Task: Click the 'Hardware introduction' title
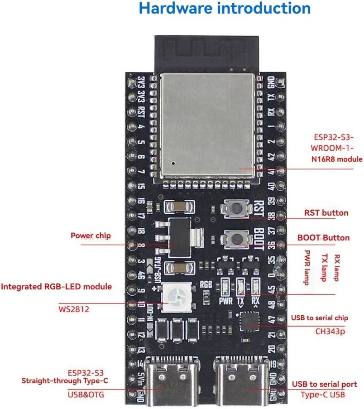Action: (x=225, y=9)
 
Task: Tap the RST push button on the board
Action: (x=236, y=209)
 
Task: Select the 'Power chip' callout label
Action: (x=91, y=236)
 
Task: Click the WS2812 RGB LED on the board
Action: (x=174, y=297)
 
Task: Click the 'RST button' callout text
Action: (x=326, y=212)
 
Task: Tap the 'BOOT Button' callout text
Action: (x=323, y=237)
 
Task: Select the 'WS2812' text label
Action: (x=74, y=310)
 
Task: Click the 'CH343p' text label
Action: (x=330, y=331)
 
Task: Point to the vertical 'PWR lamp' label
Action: (x=307, y=267)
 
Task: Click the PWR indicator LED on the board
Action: (x=225, y=286)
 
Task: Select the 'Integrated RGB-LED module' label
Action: (x=56, y=287)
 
